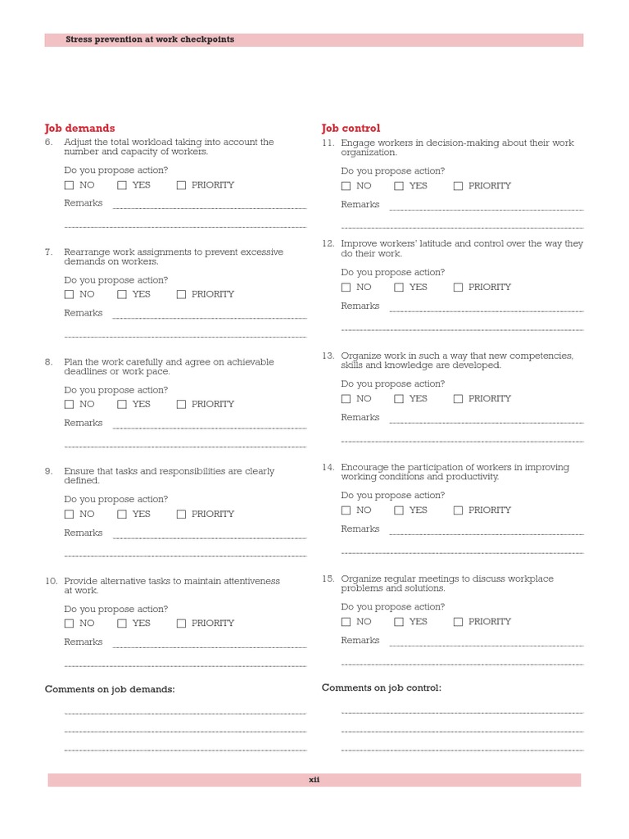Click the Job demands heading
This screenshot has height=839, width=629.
pyautogui.click(x=79, y=129)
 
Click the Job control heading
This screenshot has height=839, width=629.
pyautogui.click(x=351, y=129)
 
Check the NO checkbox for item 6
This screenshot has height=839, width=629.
pyautogui.click(x=69, y=185)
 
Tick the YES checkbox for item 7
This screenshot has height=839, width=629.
pyautogui.click(x=122, y=295)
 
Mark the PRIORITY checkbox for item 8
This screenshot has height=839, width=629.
pyautogui.click(x=182, y=405)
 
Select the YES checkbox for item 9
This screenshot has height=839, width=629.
pyautogui.click(x=122, y=515)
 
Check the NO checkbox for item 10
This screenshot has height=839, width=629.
pyautogui.click(x=69, y=624)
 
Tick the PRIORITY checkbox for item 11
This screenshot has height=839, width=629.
pyautogui.click(x=459, y=186)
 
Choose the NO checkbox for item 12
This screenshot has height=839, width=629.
pyautogui.click(x=346, y=288)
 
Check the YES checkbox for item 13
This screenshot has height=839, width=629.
pyautogui.click(x=399, y=399)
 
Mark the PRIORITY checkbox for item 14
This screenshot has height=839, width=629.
pyautogui.click(x=459, y=510)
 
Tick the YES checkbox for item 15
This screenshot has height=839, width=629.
pyautogui.click(x=399, y=622)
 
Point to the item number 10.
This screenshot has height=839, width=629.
pyautogui.click(x=51, y=581)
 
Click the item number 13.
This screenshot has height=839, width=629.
pyautogui.click(x=328, y=356)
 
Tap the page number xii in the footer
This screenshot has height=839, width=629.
pyautogui.click(x=314, y=780)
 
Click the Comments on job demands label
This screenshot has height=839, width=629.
pyautogui.click(x=110, y=690)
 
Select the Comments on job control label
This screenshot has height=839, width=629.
pyautogui.click(x=382, y=688)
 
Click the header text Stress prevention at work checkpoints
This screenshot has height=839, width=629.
pyautogui.click(x=150, y=39)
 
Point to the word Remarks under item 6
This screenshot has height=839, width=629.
pyautogui.click(x=84, y=203)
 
